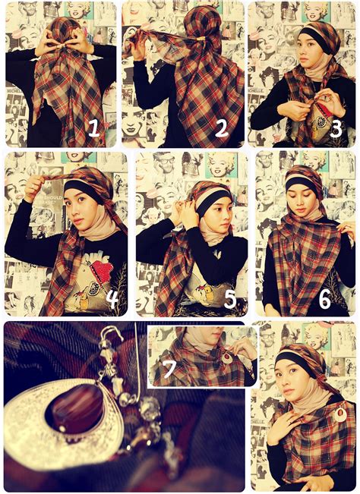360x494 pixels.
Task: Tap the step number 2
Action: [221, 129]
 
